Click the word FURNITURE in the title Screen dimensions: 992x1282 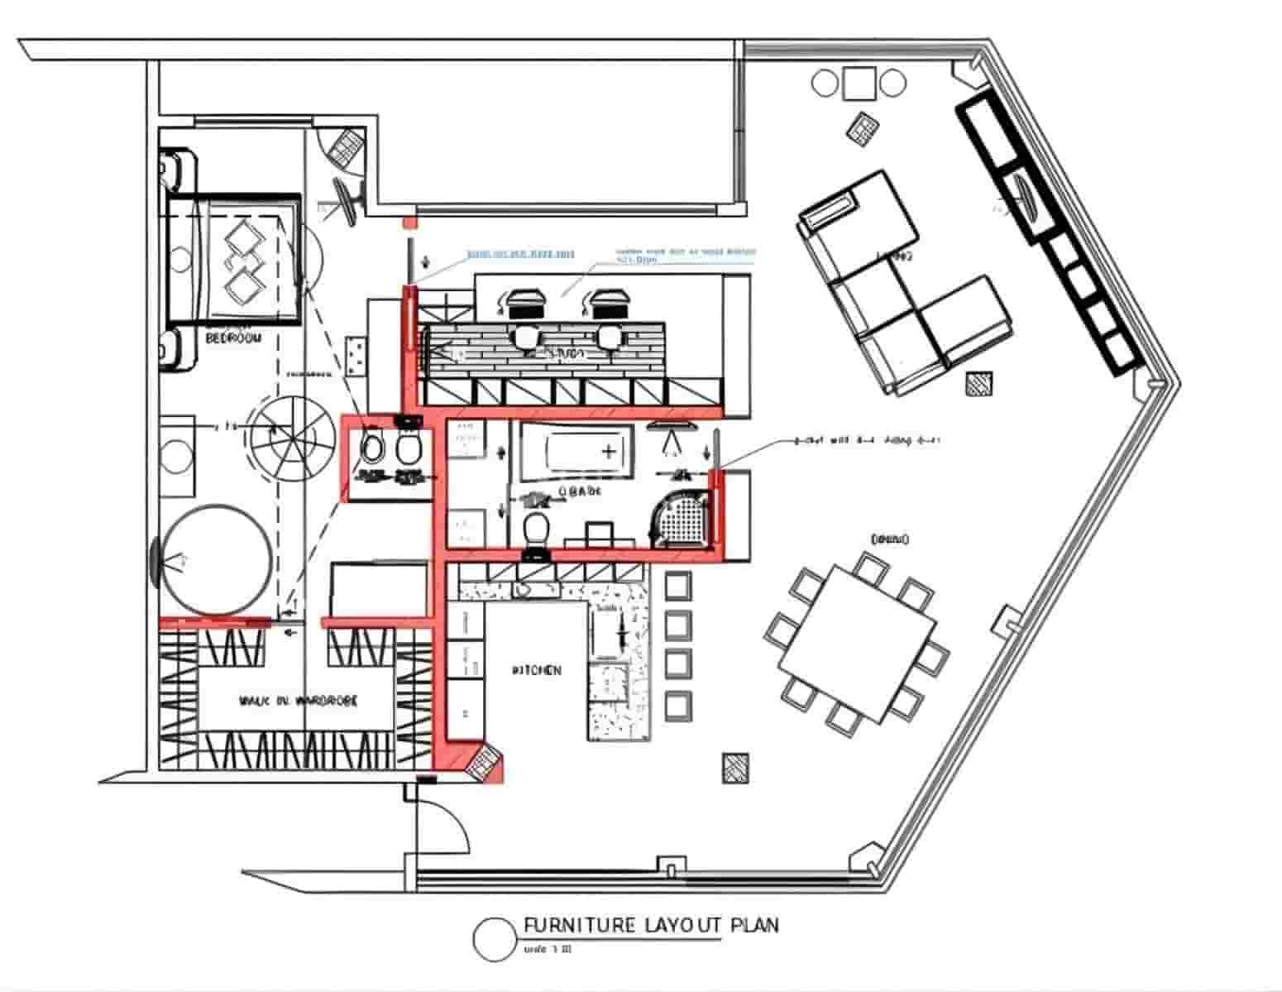pos(578,924)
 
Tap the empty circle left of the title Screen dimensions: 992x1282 pos(495,939)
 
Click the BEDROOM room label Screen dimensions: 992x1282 pos(232,338)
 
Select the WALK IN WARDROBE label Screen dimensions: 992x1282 pos(299,701)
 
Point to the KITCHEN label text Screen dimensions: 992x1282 pos(537,670)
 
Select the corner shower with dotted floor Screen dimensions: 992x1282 pos(683,520)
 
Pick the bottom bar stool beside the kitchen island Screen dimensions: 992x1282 pos(677,704)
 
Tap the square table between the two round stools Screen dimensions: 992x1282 pos(860,83)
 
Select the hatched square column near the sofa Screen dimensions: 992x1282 pos(981,385)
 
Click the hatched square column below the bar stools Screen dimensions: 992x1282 pos(735,767)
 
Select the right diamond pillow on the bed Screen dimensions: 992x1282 pos(245,288)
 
